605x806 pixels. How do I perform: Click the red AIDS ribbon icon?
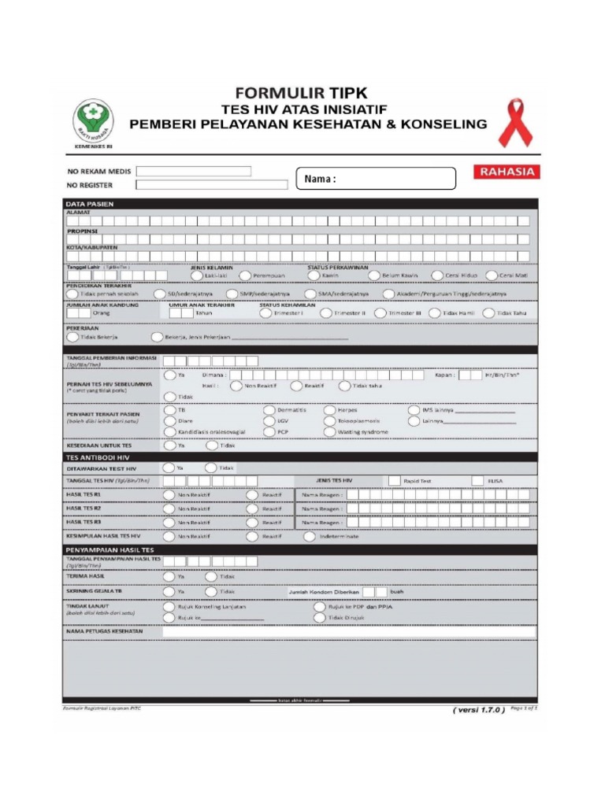(515, 123)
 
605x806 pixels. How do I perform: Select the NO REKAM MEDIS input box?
(193, 171)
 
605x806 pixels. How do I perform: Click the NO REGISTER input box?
(211, 185)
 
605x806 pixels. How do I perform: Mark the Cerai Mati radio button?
(492, 275)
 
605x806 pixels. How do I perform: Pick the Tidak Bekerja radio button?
(72, 337)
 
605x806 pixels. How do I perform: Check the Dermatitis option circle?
(269, 410)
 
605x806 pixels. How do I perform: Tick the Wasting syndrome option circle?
(332, 432)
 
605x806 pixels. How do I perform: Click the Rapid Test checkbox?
(393, 480)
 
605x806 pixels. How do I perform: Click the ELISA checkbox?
(477, 480)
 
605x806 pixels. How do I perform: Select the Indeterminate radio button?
(310, 537)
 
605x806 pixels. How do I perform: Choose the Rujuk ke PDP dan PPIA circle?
(320, 607)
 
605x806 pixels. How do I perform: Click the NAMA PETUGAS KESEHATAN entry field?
(349, 631)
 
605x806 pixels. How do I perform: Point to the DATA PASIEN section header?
(90, 204)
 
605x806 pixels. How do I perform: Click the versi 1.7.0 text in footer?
(476, 709)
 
